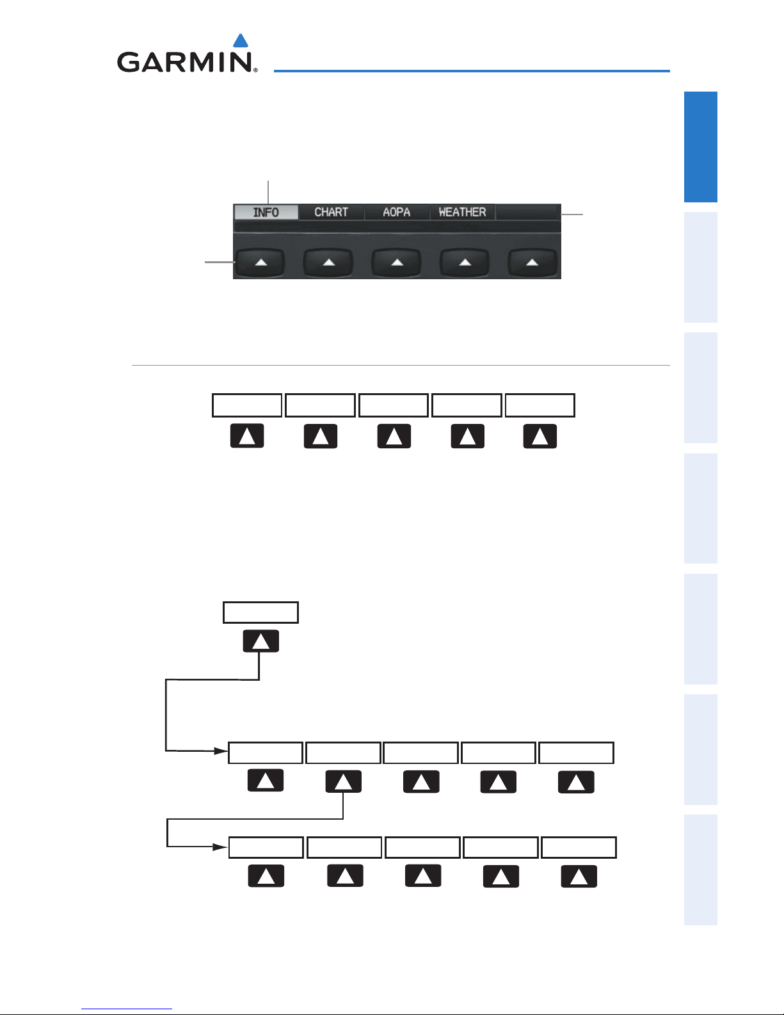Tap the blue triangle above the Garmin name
tap(241, 41)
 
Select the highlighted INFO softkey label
tap(266, 212)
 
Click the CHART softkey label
tap(331, 212)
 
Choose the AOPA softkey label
tap(396, 212)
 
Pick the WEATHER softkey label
tap(462, 212)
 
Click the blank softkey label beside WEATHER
tap(528, 212)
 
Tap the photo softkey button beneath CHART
tap(328, 263)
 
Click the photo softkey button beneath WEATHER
tap(465, 263)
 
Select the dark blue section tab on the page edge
tap(701, 147)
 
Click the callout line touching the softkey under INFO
tap(220, 261)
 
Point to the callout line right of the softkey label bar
tap(573, 213)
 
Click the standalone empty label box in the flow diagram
tap(260, 612)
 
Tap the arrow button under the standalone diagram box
tap(260, 641)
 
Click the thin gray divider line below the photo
tap(401, 366)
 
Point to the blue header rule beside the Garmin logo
tap(472, 70)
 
